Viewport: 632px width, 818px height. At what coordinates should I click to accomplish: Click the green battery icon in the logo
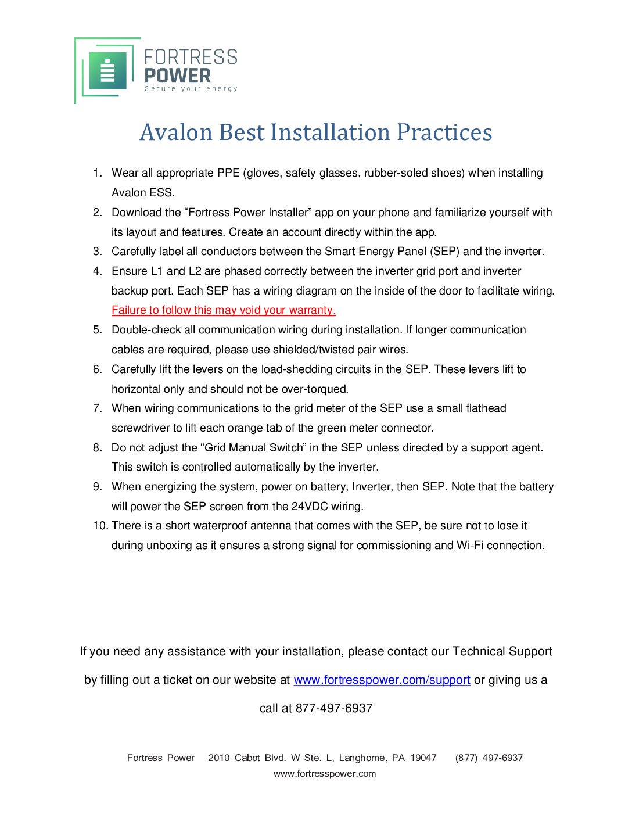(107, 71)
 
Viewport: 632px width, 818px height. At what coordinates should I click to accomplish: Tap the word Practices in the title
(444, 132)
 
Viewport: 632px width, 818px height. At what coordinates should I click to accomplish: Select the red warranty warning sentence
(224, 310)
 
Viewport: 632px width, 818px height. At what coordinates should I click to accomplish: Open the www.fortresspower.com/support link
(382, 680)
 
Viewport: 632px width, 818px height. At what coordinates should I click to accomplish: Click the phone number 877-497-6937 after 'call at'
(334, 709)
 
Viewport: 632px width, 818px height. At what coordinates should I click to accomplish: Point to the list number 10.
(100, 526)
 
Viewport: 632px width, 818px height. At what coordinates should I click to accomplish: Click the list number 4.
(98, 271)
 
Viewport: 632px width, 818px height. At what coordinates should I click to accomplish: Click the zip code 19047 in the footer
(423, 758)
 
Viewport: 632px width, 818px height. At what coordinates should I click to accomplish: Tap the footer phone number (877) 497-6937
(489, 758)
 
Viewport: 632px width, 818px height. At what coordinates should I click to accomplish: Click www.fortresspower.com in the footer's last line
(325, 774)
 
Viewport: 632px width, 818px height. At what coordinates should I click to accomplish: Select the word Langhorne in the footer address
(363, 758)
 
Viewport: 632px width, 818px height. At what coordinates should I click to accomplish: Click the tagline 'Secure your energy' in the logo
(191, 89)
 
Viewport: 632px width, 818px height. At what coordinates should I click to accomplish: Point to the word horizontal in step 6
(137, 389)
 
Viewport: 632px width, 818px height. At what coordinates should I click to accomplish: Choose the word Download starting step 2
(138, 213)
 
